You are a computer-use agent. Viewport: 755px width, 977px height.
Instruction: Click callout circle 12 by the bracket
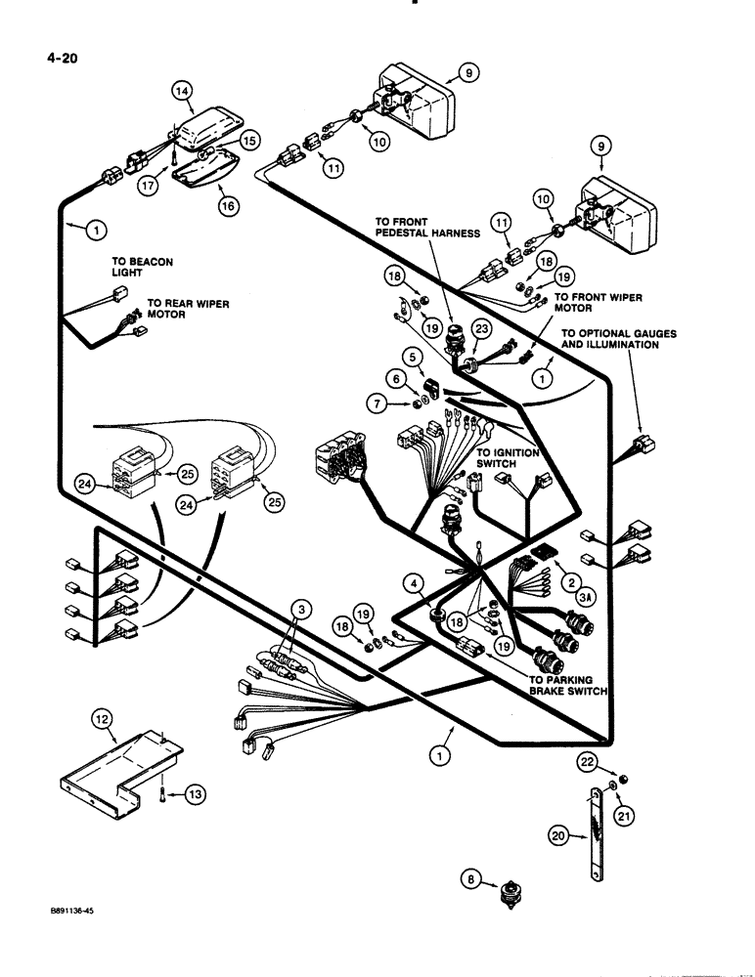pyautogui.click(x=103, y=720)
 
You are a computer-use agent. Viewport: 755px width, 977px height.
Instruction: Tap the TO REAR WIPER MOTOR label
pyautogui.click(x=188, y=310)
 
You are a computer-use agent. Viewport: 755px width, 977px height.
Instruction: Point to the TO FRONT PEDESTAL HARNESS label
pyautogui.click(x=427, y=227)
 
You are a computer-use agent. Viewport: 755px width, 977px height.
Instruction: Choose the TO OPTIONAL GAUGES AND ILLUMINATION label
pyautogui.click(x=618, y=339)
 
